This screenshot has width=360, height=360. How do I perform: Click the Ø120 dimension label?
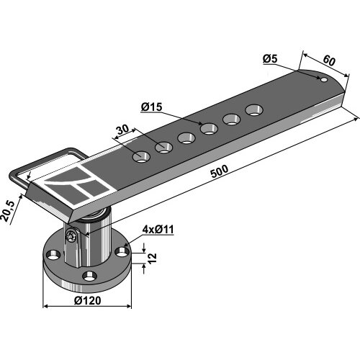click(x=88, y=300)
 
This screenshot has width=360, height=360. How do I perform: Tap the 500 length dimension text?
click(x=220, y=171)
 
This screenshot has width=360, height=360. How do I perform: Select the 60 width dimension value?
click(x=329, y=60)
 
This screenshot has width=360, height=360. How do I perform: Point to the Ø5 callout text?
click(x=270, y=59)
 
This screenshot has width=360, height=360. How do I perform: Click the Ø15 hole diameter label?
click(x=152, y=107)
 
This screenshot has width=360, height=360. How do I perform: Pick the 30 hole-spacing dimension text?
click(x=122, y=130)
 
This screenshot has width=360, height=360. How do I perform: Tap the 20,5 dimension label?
click(x=8, y=211)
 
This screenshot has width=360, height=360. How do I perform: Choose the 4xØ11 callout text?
click(x=158, y=230)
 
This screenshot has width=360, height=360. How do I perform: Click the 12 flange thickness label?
click(x=152, y=258)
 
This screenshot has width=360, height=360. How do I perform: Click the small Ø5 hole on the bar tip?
click(x=324, y=79)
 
